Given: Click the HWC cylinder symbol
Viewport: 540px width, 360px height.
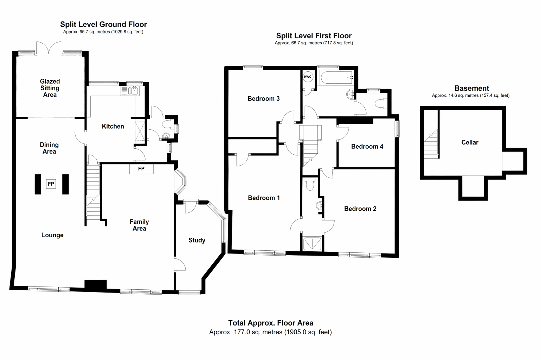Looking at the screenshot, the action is [x=308, y=77].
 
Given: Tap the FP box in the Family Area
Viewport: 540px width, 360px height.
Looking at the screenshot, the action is [x=141, y=169].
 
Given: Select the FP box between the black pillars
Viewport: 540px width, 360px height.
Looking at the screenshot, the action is [x=51, y=184].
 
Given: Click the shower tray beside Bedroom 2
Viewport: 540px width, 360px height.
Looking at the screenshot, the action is [x=312, y=244].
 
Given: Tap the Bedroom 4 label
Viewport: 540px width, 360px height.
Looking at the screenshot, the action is [x=367, y=147].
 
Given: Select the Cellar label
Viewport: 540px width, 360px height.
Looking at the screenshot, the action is [x=470, y=142].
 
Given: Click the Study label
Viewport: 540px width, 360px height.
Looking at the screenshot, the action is [x=197, y=240].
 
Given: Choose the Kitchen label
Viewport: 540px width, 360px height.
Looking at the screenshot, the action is [x=113, y=126].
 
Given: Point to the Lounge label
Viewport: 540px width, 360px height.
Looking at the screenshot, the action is [x=52, y=235].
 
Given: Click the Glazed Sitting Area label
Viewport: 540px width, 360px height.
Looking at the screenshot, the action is [x=50, y=88].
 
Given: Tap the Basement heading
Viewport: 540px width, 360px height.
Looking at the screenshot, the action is [x=472, y=88].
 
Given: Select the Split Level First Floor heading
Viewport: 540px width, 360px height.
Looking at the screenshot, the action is [x=314, y=36].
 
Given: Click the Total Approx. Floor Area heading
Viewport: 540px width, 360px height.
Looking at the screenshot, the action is [x=271, y=323].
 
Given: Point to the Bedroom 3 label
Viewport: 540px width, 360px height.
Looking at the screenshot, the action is [x=263, y=99].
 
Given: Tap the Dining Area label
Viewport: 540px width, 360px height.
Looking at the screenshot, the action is [x=49, y=148].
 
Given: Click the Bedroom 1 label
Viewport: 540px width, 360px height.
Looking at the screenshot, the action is [x=264, y=198].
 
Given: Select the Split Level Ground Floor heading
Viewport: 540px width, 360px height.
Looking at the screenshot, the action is [x=103, y=24].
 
